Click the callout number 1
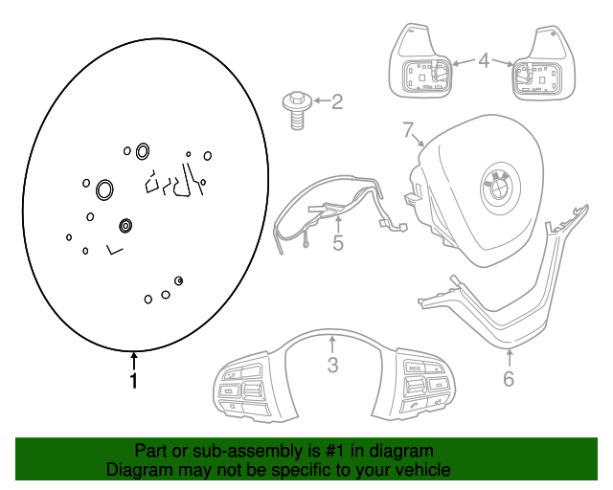134,381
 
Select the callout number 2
336,101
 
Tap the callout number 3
332,365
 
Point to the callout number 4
484,62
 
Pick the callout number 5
338,243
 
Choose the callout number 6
509,379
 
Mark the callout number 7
408,129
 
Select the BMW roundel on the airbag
499,184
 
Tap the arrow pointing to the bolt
317,100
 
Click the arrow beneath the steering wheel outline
134,361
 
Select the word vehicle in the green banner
420,470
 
